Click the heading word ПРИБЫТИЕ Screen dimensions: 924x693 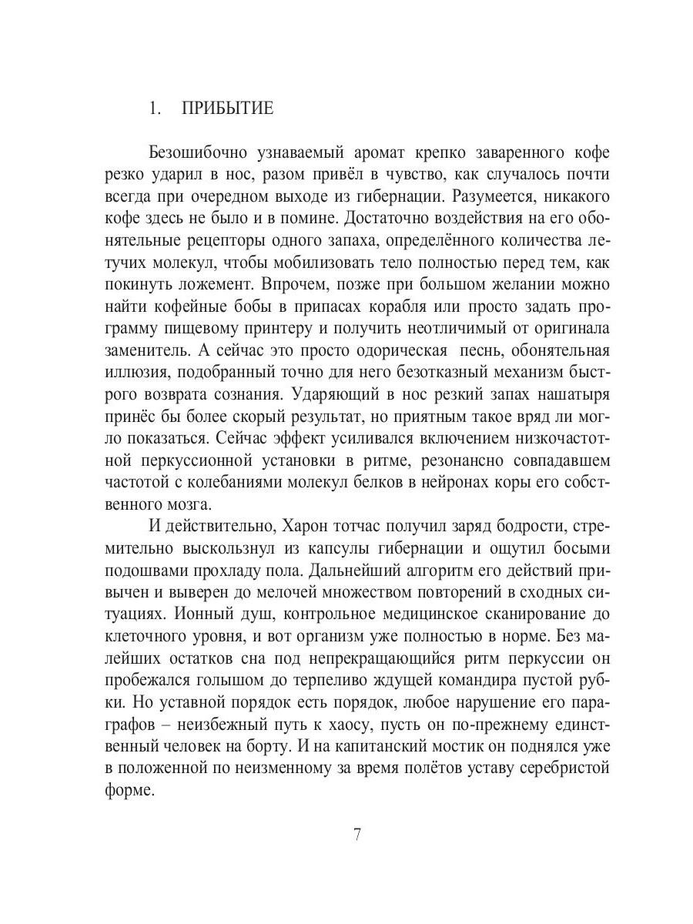click(x=227, y=109)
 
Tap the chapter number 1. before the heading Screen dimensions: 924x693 click(x=155, y=109)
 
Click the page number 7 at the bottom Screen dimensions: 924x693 click(x=357, y=835)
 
